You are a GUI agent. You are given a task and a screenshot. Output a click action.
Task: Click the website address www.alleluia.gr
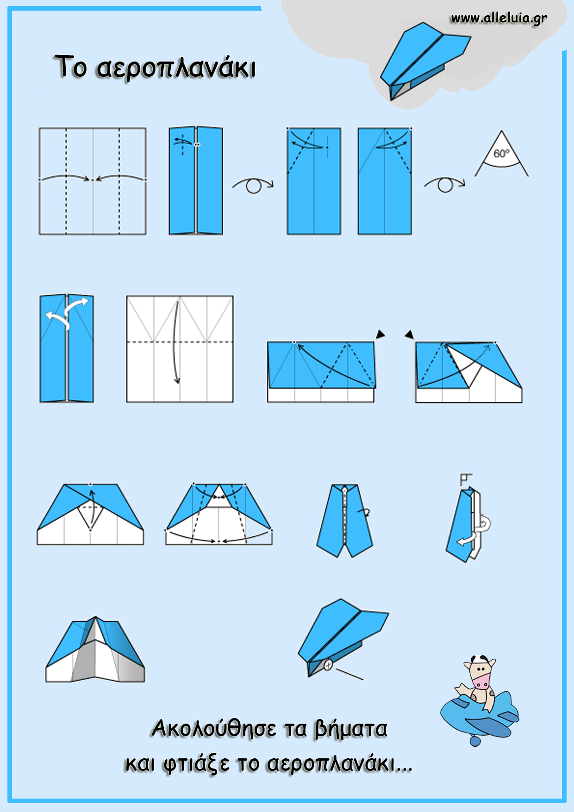(499, 19)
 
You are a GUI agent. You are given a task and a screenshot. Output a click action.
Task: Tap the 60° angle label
(501, 153)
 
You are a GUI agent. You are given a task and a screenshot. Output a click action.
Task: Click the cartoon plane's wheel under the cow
(475, 741)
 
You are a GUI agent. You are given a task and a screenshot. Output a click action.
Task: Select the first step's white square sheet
(93, 181)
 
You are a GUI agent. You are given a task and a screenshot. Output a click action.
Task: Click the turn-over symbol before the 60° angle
(445, 185)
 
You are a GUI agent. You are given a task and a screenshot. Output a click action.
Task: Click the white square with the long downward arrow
(180, 349)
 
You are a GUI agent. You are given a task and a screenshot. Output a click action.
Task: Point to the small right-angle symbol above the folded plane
(466, 479)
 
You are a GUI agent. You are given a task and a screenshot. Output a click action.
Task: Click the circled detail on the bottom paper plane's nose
(328, 665)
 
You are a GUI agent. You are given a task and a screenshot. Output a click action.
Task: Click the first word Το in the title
(71, 66)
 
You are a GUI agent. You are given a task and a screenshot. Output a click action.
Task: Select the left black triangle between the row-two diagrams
(380, 334)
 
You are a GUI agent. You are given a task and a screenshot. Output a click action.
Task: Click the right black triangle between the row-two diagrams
(409, 334)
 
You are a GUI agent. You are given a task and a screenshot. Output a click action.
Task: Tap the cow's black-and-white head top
(480, 659)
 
